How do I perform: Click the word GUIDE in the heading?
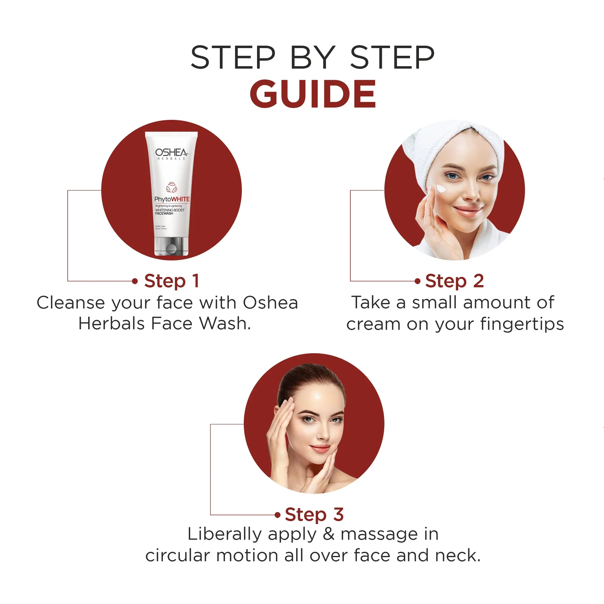pyautogui.click(x=313, y=94)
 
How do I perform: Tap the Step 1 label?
pyautogui.click(x=171, y=281)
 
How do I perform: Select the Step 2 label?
pyautogui.click(x=454, y=281)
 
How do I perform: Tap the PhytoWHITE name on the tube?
pyautogui.click(x=172, y=199)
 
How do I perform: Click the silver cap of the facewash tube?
pyautogui.click(x=171, y=246)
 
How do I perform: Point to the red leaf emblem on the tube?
pyautogui.click(x=171, y=187)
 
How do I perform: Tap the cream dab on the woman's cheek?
pyautogui.click(x=441, y=188)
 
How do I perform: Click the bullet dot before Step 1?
pyautogui.click(x=135, y=281)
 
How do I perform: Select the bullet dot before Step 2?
pyautogui.click(x=417, y=281)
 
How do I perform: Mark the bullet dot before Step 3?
pyautogui.click(x=277, y=515)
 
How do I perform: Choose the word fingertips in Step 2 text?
pyautogui.click(x=522, y=324)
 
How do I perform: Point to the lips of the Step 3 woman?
pyautogui.click(x=320, y=448)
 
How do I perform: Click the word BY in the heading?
pyautogui.click(x=313, y=58)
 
